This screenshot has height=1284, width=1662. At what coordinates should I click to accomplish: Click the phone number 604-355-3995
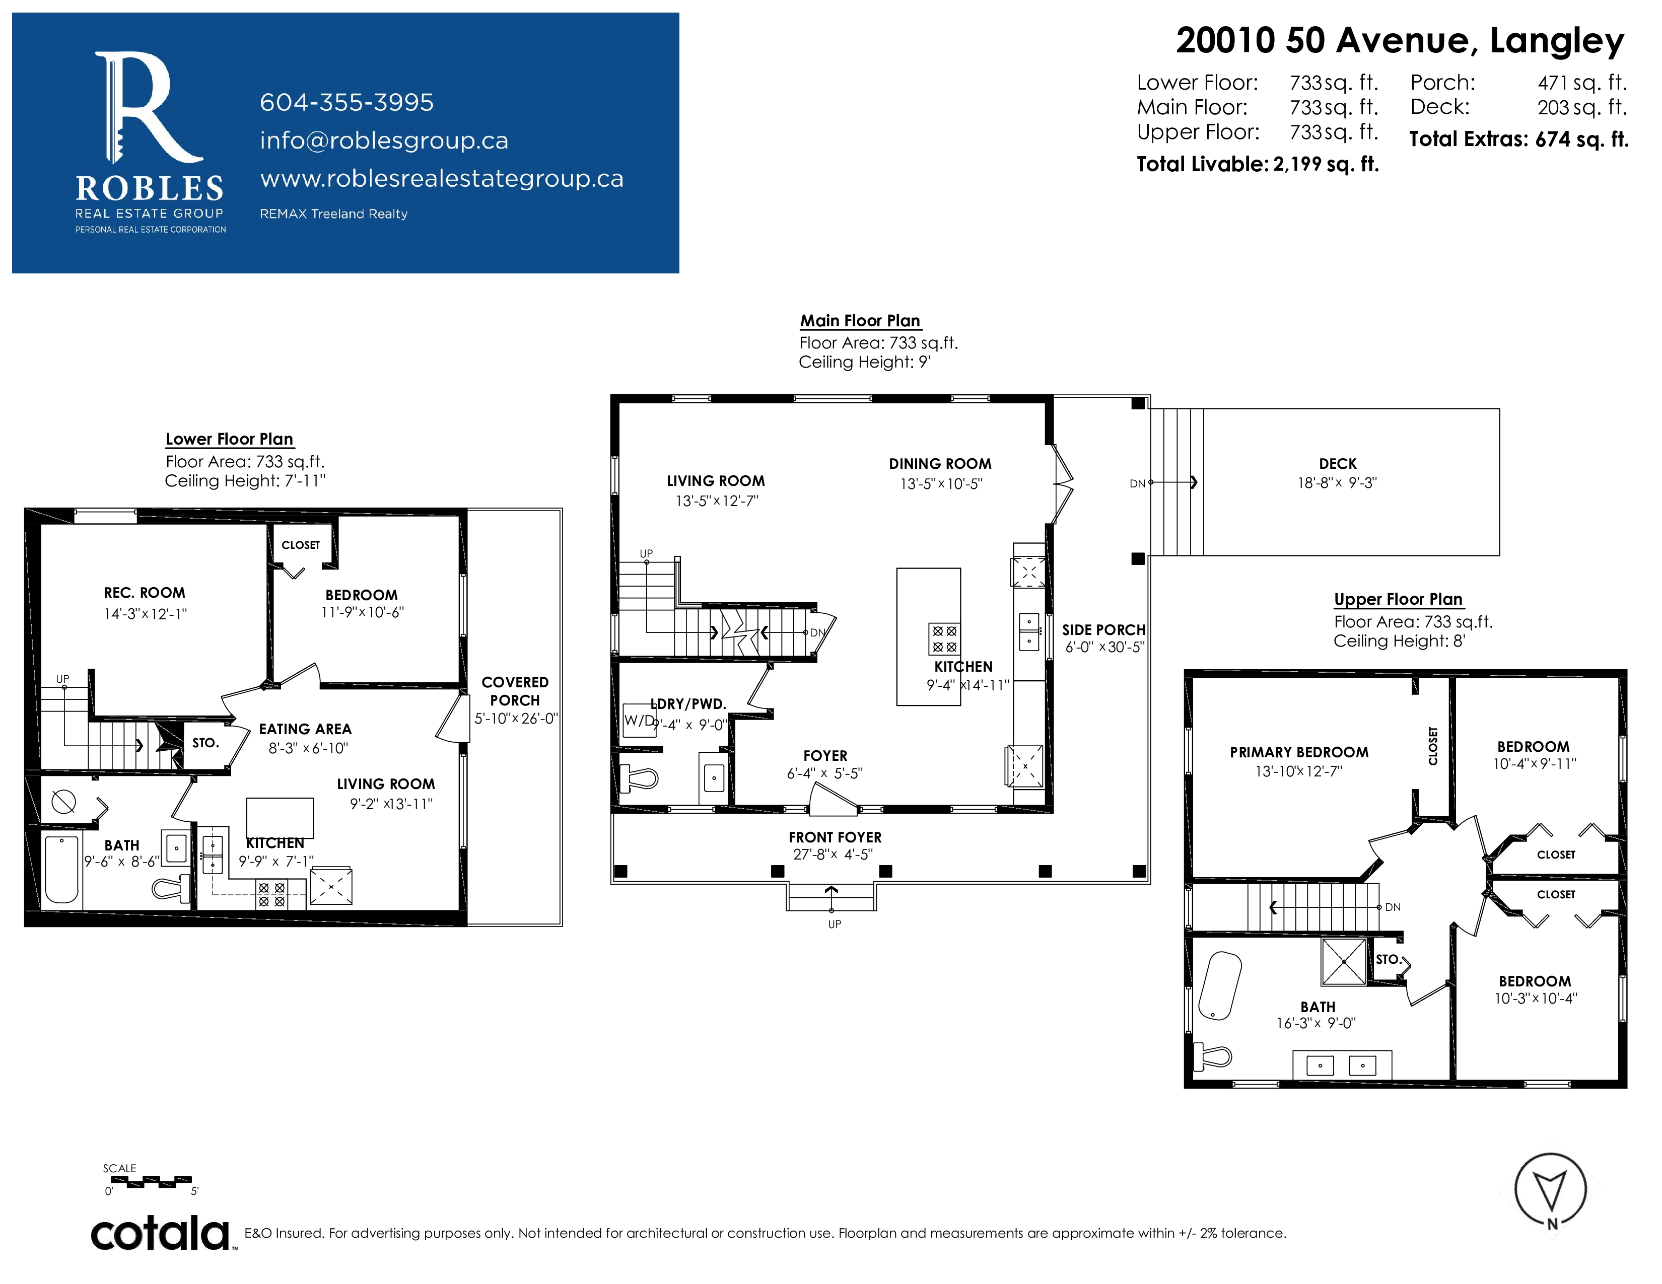pos(347,102)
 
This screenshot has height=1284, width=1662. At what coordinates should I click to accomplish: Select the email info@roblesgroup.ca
pos(384,140)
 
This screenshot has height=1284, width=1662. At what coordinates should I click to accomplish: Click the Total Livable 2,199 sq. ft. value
pos(1326,164)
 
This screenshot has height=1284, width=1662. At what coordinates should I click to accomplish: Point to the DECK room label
pos(1338,464)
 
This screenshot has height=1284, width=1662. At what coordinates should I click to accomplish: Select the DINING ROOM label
pos(940,464)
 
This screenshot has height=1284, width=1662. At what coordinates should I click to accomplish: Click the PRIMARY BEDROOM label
pos(1299,752)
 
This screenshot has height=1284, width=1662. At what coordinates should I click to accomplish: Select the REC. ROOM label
pos(145,593)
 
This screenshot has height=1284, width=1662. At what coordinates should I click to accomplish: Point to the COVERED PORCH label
pos(515,691)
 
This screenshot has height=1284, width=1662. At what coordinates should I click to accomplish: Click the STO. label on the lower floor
pos(205,742)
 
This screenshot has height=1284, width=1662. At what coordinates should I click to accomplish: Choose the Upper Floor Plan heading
pos(1398,599)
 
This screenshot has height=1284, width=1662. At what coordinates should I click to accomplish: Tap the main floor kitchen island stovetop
pos(944,639)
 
